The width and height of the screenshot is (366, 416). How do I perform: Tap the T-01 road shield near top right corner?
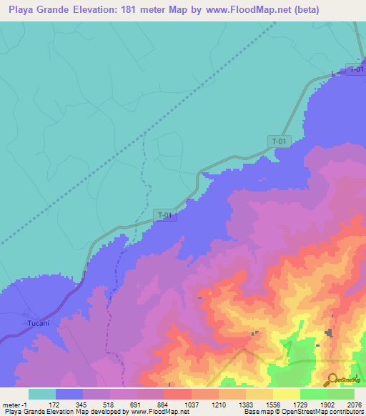(356, 69)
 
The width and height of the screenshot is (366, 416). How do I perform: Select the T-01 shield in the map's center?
(279, 141)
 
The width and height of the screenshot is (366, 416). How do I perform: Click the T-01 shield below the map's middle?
(164, 214)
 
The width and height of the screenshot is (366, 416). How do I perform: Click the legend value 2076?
(354, 404)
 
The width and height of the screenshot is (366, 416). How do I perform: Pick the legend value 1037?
(191, 404)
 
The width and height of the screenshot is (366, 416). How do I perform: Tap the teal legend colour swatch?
(41, 394)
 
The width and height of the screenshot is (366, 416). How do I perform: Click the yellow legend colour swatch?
(286, 394)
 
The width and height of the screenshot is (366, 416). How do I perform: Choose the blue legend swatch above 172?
(69, 394)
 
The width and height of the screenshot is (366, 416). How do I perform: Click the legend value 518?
(109, 404)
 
